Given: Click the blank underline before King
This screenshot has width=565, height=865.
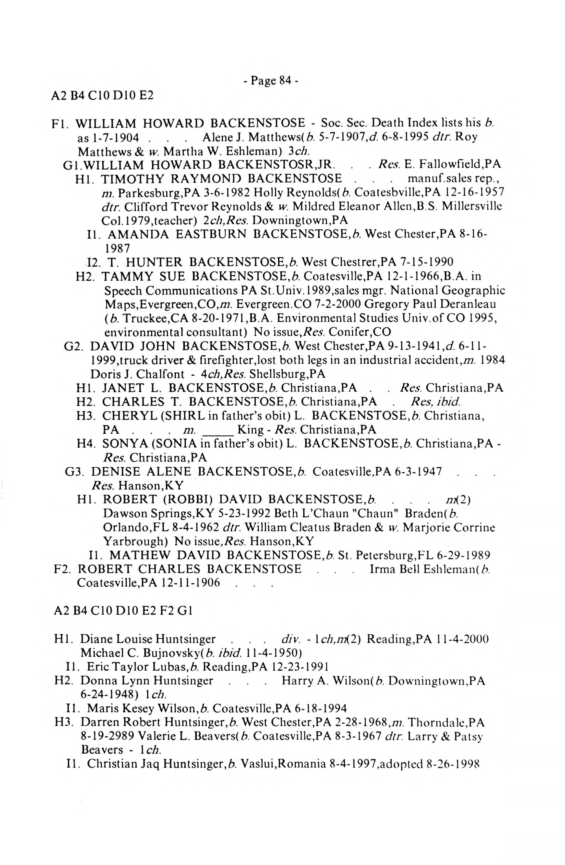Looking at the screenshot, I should coord(217,430).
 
